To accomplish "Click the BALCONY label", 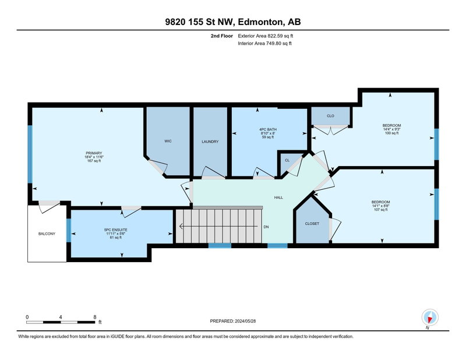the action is click(x=47, y=234).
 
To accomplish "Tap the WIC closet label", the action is click(x=168, y=141).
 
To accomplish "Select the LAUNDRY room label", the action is click(x=210, y=142).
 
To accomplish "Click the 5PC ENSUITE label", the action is click(x=115, y=230).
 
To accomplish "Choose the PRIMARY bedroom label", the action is click(x=94, y=153).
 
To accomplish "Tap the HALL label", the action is click(x=278, y=197).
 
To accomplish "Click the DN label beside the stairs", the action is click(x=266, y=227).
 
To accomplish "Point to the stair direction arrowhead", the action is click(x=181, y=227).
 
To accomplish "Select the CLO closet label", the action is click(x=330, y=116).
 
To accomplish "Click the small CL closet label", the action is click(x=287, y=160).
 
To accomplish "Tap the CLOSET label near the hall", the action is click(x=312, y=224).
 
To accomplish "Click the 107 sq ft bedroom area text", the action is click(x=381, y=210).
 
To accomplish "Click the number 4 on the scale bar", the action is click(x=61, y=317).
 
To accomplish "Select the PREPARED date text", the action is click(x=232, y=321).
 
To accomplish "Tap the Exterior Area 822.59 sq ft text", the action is click(x=266, y=36).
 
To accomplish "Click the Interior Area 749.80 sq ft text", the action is click(x=264, y=44).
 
